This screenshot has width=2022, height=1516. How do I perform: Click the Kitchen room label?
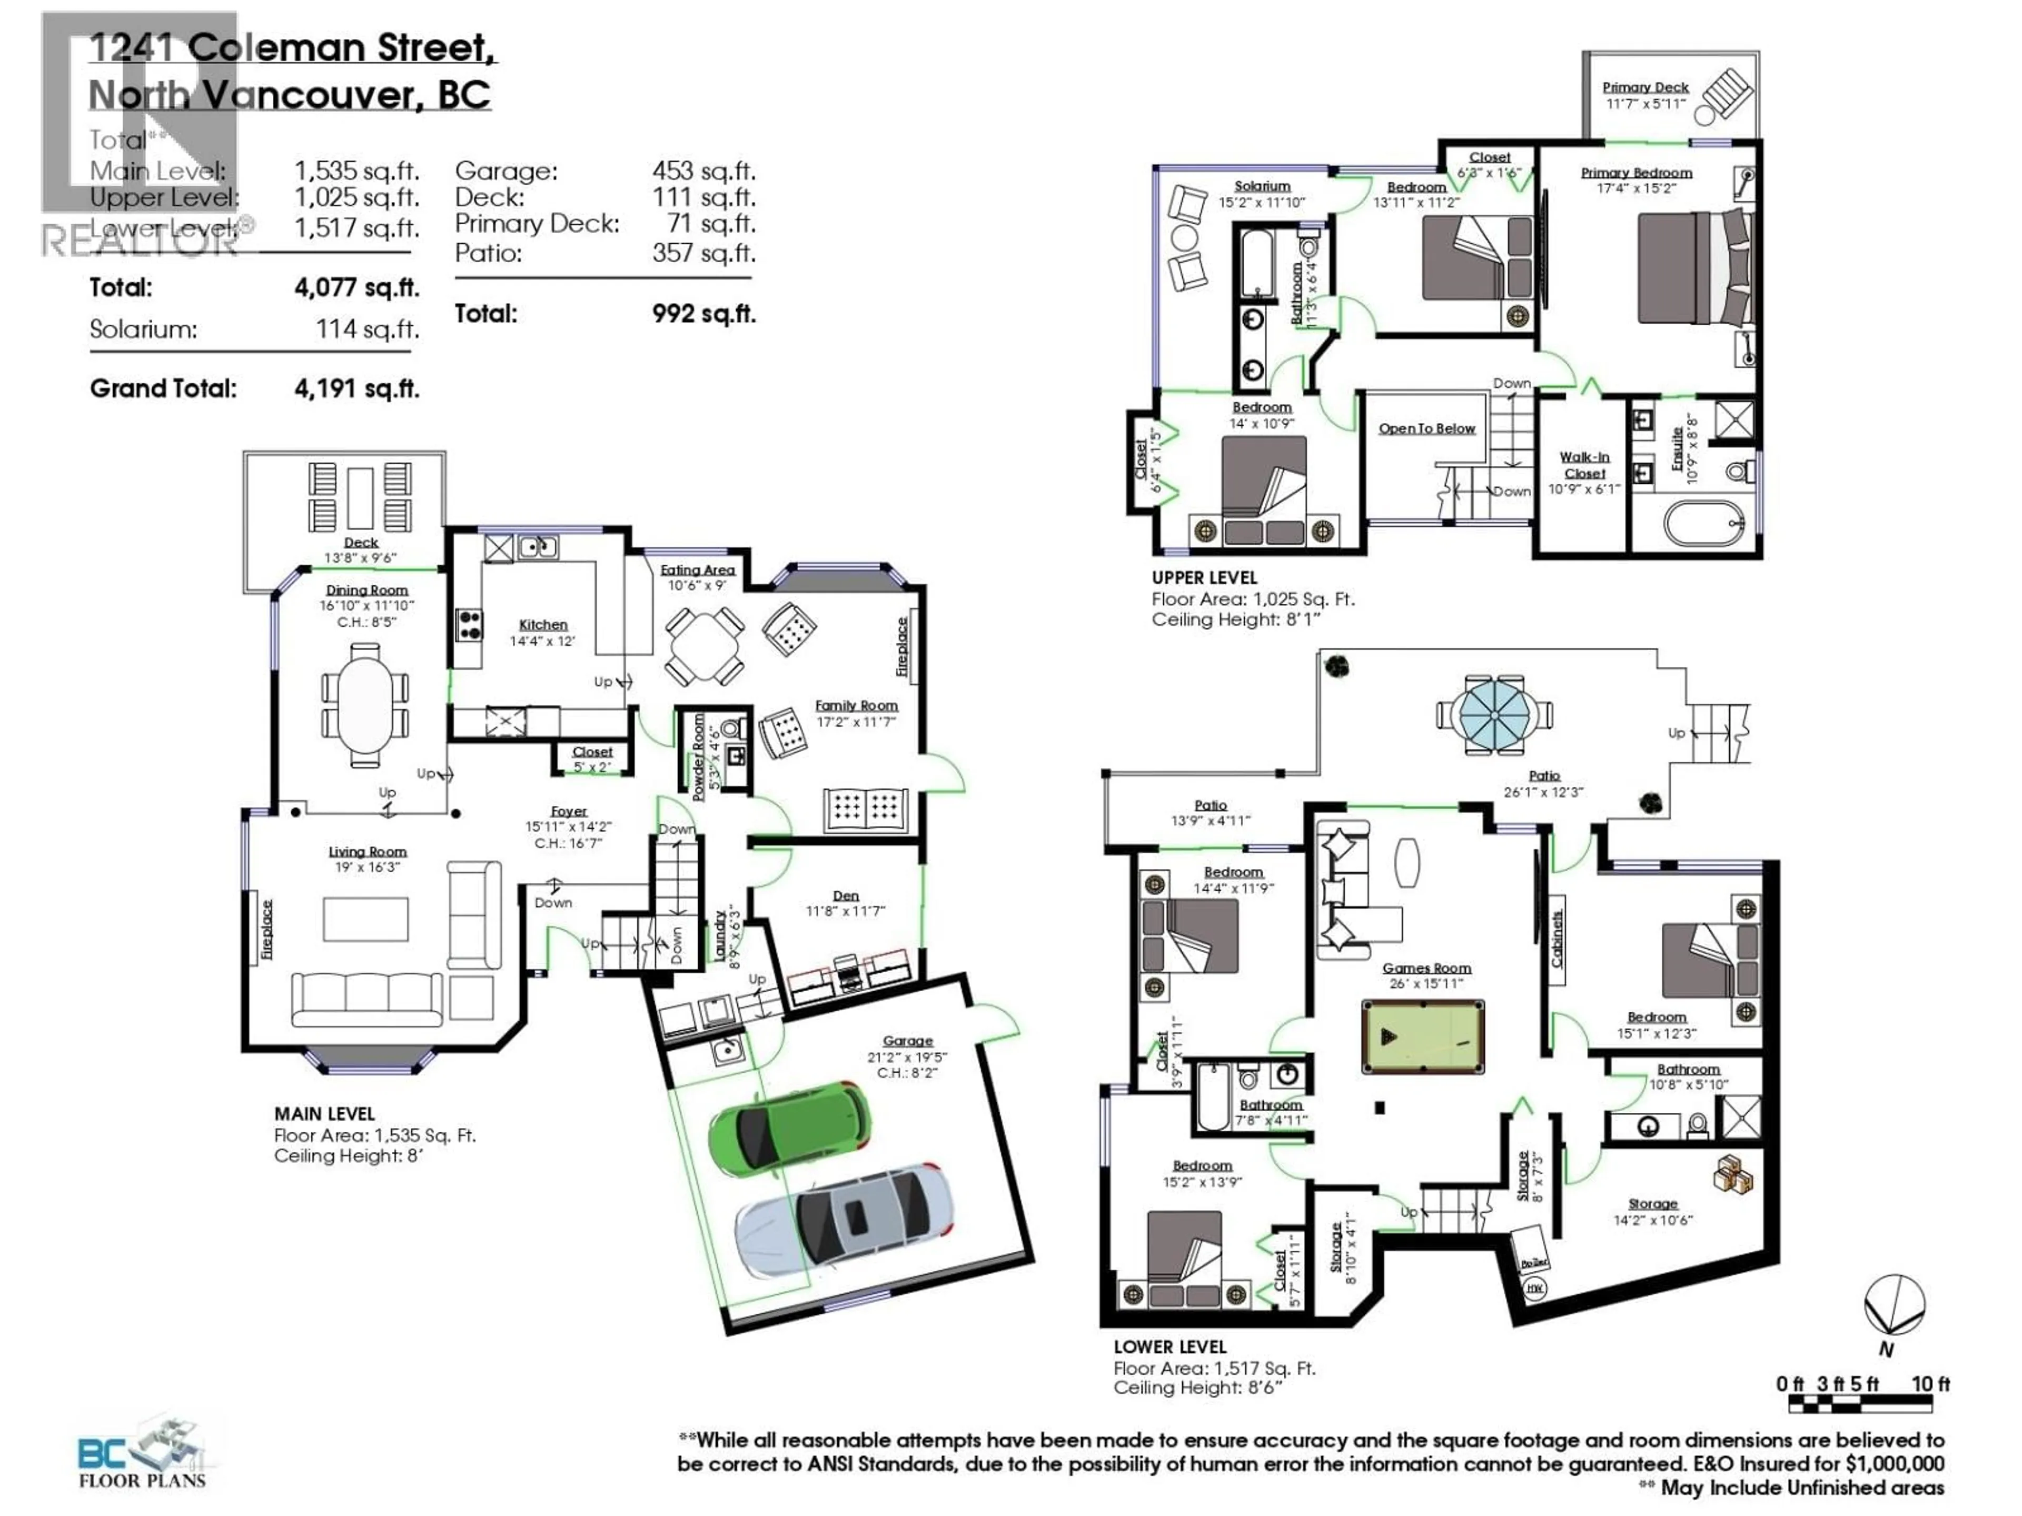(x=543, y=625)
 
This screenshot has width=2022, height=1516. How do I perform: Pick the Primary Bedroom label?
(x=1636, y=173)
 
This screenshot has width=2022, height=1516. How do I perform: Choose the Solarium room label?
(x=1262, y=186)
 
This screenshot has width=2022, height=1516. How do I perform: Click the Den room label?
(x=846, y=895)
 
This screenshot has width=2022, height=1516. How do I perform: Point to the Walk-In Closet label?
(x=1584, y=465)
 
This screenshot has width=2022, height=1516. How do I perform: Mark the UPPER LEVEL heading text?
(x=1204, y=577)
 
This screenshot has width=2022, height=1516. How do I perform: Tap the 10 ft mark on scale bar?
(x=1930, y=1383)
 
